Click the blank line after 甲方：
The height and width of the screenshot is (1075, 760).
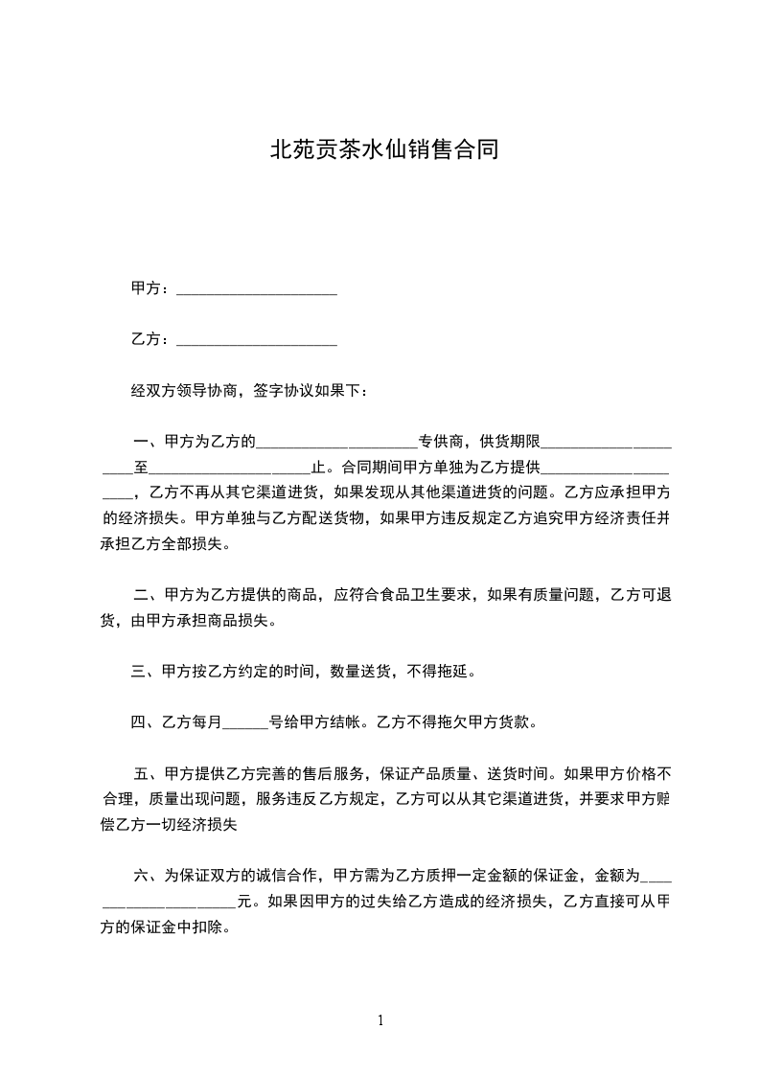[x=257, y=290]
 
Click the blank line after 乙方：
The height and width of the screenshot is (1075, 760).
[x=257, y=341]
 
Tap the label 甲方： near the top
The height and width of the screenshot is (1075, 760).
[x=151, y=288]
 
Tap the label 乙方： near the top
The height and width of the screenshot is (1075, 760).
[x=151, y=339]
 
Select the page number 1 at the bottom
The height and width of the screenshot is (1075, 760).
[x=380, y=1020]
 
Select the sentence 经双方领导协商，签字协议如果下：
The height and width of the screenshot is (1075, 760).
[x=248, y=391]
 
